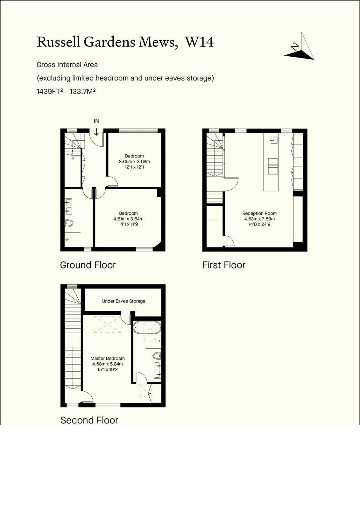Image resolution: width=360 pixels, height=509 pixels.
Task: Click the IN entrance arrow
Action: click(96, 132)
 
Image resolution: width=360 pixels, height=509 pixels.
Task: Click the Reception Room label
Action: click(259, 213)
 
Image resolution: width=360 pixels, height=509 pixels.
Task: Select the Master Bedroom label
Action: click(108, 358)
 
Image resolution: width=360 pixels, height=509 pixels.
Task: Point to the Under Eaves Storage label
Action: click(124, 301)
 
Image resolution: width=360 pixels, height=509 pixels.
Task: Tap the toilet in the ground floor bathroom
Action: click(69, 223)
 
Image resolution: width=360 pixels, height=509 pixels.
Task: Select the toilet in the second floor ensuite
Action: click(157, 356)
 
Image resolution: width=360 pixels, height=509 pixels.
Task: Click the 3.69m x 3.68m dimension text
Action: click(134, 162)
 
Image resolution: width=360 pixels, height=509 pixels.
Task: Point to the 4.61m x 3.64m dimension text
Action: click(128, 219)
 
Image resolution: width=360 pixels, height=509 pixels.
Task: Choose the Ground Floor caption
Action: click(88, 265)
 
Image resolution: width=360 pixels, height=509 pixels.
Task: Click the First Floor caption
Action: click(224, 265)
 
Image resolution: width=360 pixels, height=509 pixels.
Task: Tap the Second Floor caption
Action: click(89, 420)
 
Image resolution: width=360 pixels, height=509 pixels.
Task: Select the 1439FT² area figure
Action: click(50, 91)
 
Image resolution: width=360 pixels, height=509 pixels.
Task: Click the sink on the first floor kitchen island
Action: click(274, 140)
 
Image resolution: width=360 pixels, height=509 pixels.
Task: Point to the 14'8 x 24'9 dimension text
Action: click(259, 224)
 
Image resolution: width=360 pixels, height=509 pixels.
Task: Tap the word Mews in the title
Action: click(158, 43)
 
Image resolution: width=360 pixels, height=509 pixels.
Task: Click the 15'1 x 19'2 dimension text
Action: click(108, 369)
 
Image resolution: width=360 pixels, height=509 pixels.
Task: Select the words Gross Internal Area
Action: click(67, 65)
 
